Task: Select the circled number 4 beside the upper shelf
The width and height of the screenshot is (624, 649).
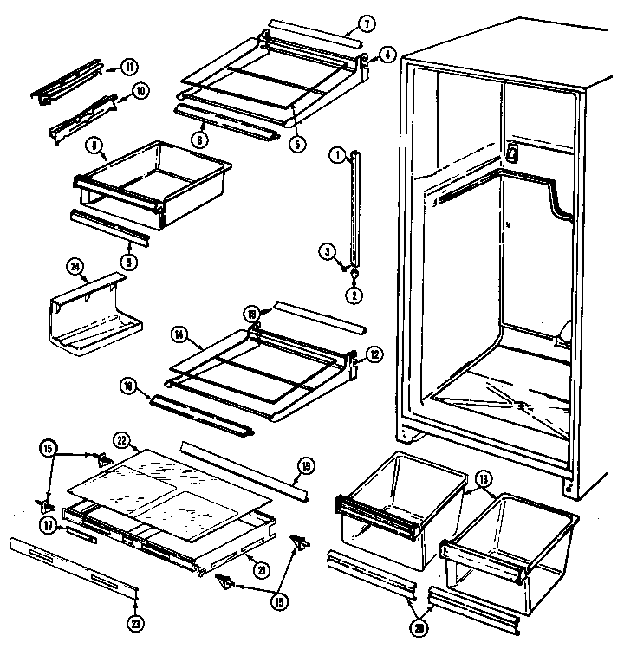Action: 387,55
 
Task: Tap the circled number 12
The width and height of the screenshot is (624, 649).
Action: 374,353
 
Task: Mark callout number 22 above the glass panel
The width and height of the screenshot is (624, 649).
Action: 123,441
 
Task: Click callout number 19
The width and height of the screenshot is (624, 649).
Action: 304,465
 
